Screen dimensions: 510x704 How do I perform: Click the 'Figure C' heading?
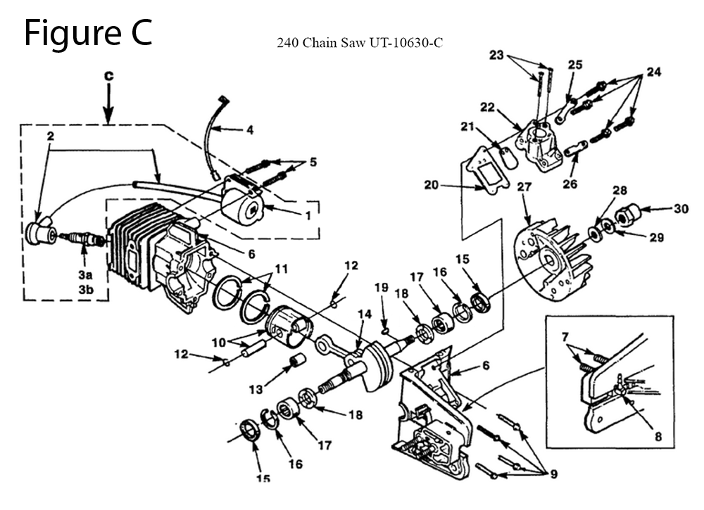tap(88, 33)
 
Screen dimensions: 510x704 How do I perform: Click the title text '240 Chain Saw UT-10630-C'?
tap(360, 43)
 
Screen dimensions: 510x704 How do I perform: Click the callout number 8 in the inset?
tap(658, 436)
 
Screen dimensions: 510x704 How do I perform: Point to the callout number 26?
tap(570, 184)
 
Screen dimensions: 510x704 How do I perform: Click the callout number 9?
tap(554, 473)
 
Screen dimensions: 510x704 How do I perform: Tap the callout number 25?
tap(575, 65)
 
